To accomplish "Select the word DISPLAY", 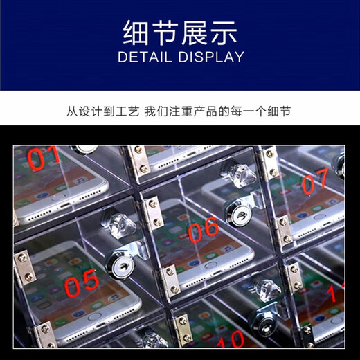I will (211, 57).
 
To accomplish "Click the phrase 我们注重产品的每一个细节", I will (222, 111).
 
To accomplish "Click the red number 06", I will (203, 230).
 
